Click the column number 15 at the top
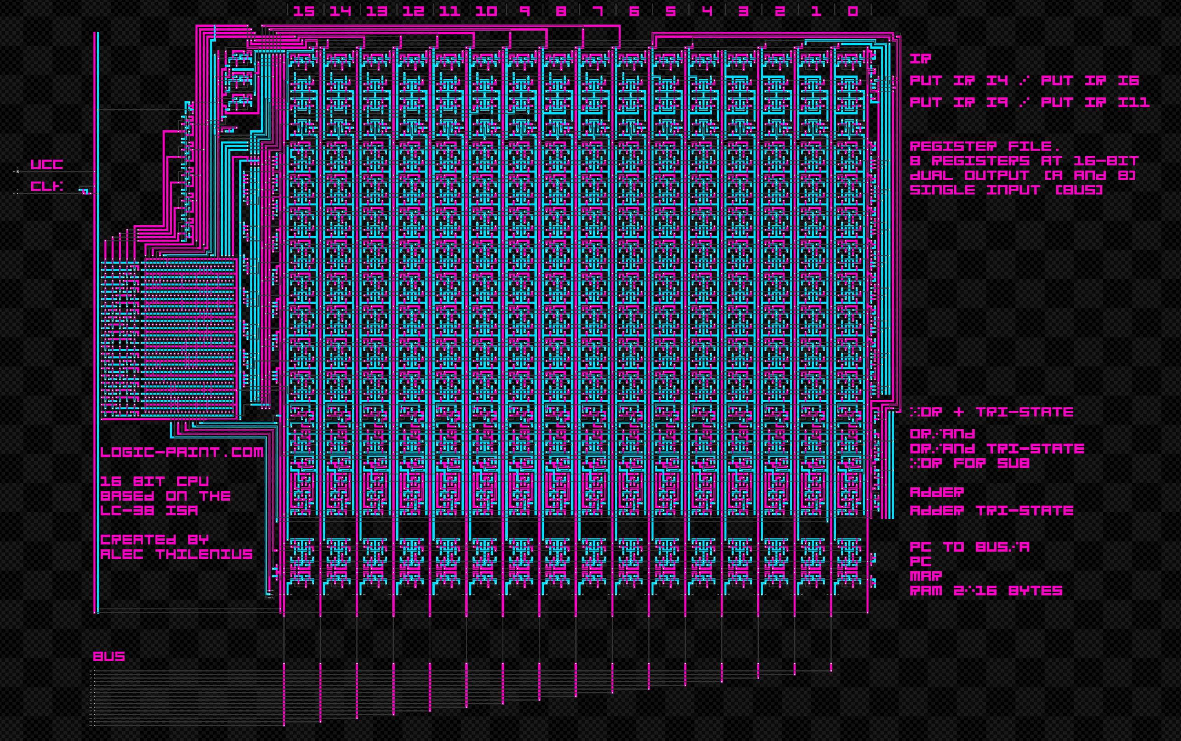(x=304, y=11)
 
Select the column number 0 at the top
(x=853, y=11)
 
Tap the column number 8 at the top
(x=561, y=11)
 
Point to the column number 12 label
(x=413, y=11)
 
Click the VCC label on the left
(x=47, y=164)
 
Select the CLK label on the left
(x=47, y=186)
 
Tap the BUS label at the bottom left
(x=109, y=656)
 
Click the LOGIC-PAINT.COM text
(x=182, y=452)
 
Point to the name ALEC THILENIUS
(x=176, y=554)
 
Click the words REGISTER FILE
(x=985, y=146)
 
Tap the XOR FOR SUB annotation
(x=969, y=463)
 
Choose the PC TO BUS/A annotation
(x=969, y=547)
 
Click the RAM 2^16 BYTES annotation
(x=986, y=591)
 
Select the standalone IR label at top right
(x=920, y=59)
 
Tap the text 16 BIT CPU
(x=154, y=481)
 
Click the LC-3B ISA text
(x=149, y=510)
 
